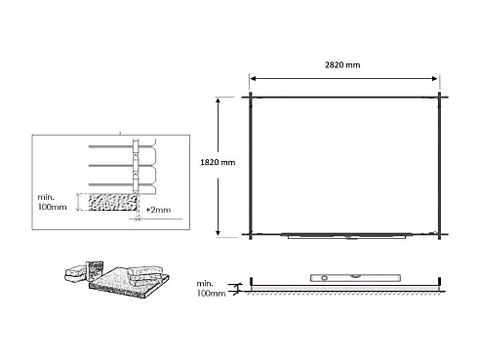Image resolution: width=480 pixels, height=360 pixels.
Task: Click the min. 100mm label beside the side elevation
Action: pyautogui.click(x=210, y=289)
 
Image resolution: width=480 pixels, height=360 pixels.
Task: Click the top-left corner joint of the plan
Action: pyautogui.click(x=250, y=96)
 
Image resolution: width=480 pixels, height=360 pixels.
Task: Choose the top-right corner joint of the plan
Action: pyautogui.click(x=441, y=96)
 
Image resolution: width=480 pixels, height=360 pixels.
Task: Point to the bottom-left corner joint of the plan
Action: pyautogui.click(x=250, y=234)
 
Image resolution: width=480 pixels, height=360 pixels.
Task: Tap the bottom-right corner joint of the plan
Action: pyautogui.click(x=441, y=234)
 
